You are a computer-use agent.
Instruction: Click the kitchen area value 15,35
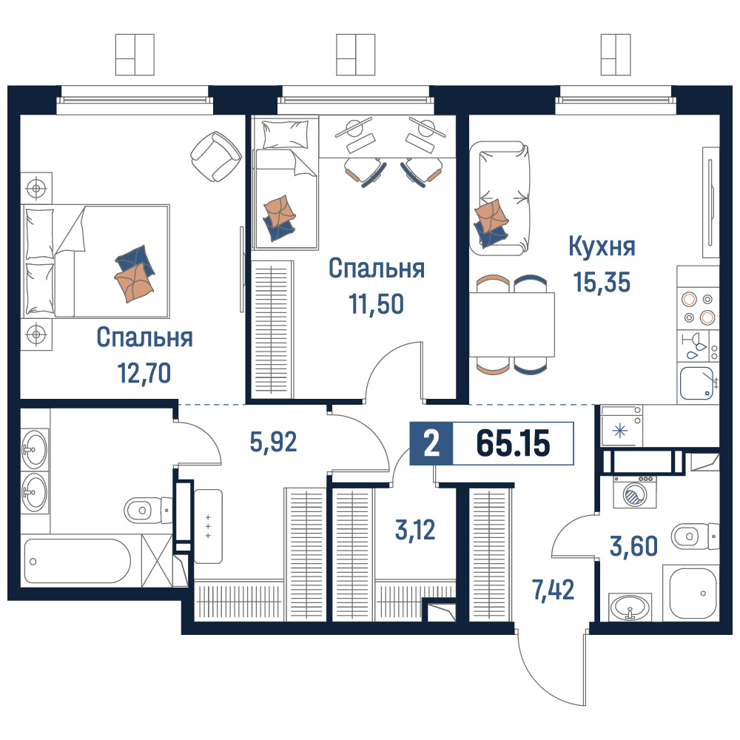tap(602, 283)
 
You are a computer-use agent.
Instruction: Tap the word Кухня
tap(602, 246)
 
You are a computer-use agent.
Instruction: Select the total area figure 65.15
tap(513, 443)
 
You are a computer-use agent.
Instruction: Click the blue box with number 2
tap(431, 443)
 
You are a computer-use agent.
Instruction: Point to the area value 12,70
tap(144, 373)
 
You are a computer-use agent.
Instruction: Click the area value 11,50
tap(377, 304)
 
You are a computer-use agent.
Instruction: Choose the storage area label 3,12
tap(415, 530)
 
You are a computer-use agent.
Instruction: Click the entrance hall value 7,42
tap(553, 590)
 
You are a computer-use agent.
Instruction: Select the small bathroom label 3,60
tap(634, 546)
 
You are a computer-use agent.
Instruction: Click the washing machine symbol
tap(634, 492)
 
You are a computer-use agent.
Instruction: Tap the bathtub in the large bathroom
tap(77, 561)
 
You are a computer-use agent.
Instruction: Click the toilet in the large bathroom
tap(147, 510)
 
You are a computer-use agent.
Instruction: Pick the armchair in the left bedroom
tap(215, 157)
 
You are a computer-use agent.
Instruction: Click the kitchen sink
tap(696, 383)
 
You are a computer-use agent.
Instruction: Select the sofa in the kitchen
tap(499, 198)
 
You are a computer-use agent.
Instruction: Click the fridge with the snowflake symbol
tap(621, 426)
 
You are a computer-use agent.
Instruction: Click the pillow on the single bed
tap(285, 133)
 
